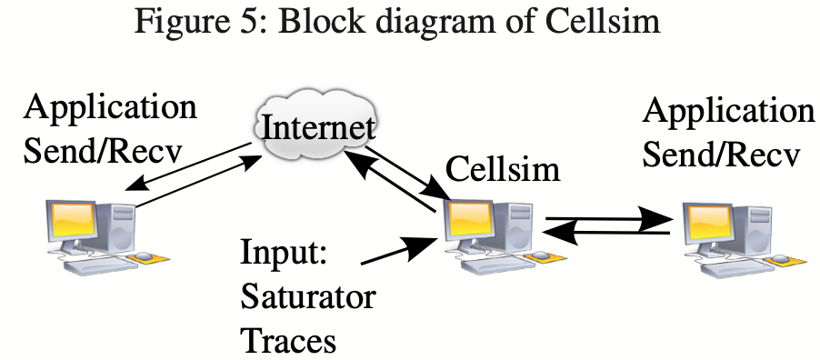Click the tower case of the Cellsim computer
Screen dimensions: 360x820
click(x=515, y=227)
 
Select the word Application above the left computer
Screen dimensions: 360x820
click(x=111, y=106)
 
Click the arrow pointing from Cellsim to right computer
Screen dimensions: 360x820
click(x=608, y=219)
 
